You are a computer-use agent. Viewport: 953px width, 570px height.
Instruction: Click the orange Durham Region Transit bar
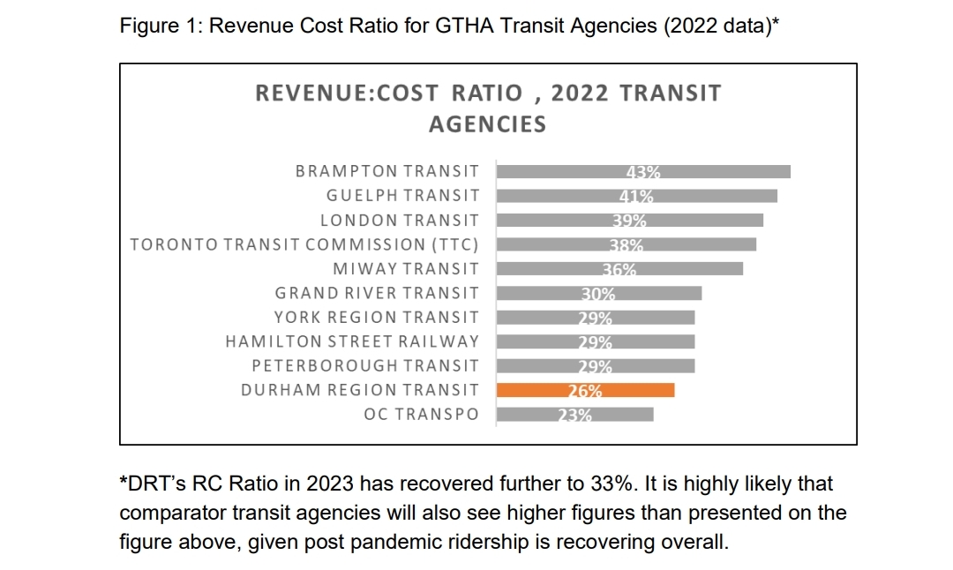coord(586,390)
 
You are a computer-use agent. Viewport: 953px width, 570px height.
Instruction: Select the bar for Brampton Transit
coord(643,171)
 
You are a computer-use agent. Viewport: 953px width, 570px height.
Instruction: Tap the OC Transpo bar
coord(575,414)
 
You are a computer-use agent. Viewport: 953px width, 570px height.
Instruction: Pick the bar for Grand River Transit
coord(599,293)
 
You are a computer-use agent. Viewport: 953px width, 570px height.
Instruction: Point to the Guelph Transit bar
coord(637,196)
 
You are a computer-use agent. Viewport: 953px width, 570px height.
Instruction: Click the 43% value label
coord(643,172)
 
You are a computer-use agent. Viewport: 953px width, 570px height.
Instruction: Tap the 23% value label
coord(574,415)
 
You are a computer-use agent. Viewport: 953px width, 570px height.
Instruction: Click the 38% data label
coord(627,245)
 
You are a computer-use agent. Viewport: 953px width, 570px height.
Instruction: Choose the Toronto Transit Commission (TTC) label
coord(304,244)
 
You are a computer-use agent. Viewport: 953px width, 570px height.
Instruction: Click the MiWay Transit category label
coord(406,269)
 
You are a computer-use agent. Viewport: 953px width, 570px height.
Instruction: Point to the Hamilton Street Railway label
coord(352,341)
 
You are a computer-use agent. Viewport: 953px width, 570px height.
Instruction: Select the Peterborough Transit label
coord(365,365)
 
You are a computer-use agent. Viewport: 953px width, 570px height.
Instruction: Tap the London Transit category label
coord(400,221)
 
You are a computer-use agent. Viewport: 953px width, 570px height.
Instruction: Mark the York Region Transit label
coord(377,318)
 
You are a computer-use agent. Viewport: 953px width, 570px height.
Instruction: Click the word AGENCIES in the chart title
coord(487,124)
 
